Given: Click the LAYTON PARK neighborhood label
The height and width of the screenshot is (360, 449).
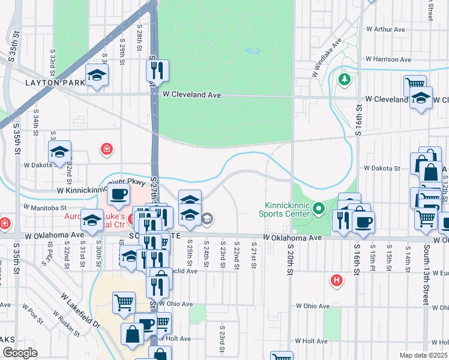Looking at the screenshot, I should coord(51,82).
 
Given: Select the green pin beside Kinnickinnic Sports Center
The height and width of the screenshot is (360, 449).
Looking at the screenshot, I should coord(319,209).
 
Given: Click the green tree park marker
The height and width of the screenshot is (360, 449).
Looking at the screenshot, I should coord(345,79).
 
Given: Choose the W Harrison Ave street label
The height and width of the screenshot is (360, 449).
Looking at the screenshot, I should coord(390,60).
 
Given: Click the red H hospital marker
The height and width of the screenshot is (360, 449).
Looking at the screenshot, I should coord(337,280).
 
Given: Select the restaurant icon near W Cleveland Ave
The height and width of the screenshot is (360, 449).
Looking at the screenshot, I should coord(157,71).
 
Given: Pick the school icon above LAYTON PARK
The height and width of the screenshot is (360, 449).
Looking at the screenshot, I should coord(96,75).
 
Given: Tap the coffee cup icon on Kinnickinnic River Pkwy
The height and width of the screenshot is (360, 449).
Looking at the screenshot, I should coord(118,194).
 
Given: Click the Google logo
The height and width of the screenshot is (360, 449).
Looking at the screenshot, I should coord(20,353).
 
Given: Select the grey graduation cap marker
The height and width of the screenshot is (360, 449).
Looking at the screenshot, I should coord(208,218).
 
